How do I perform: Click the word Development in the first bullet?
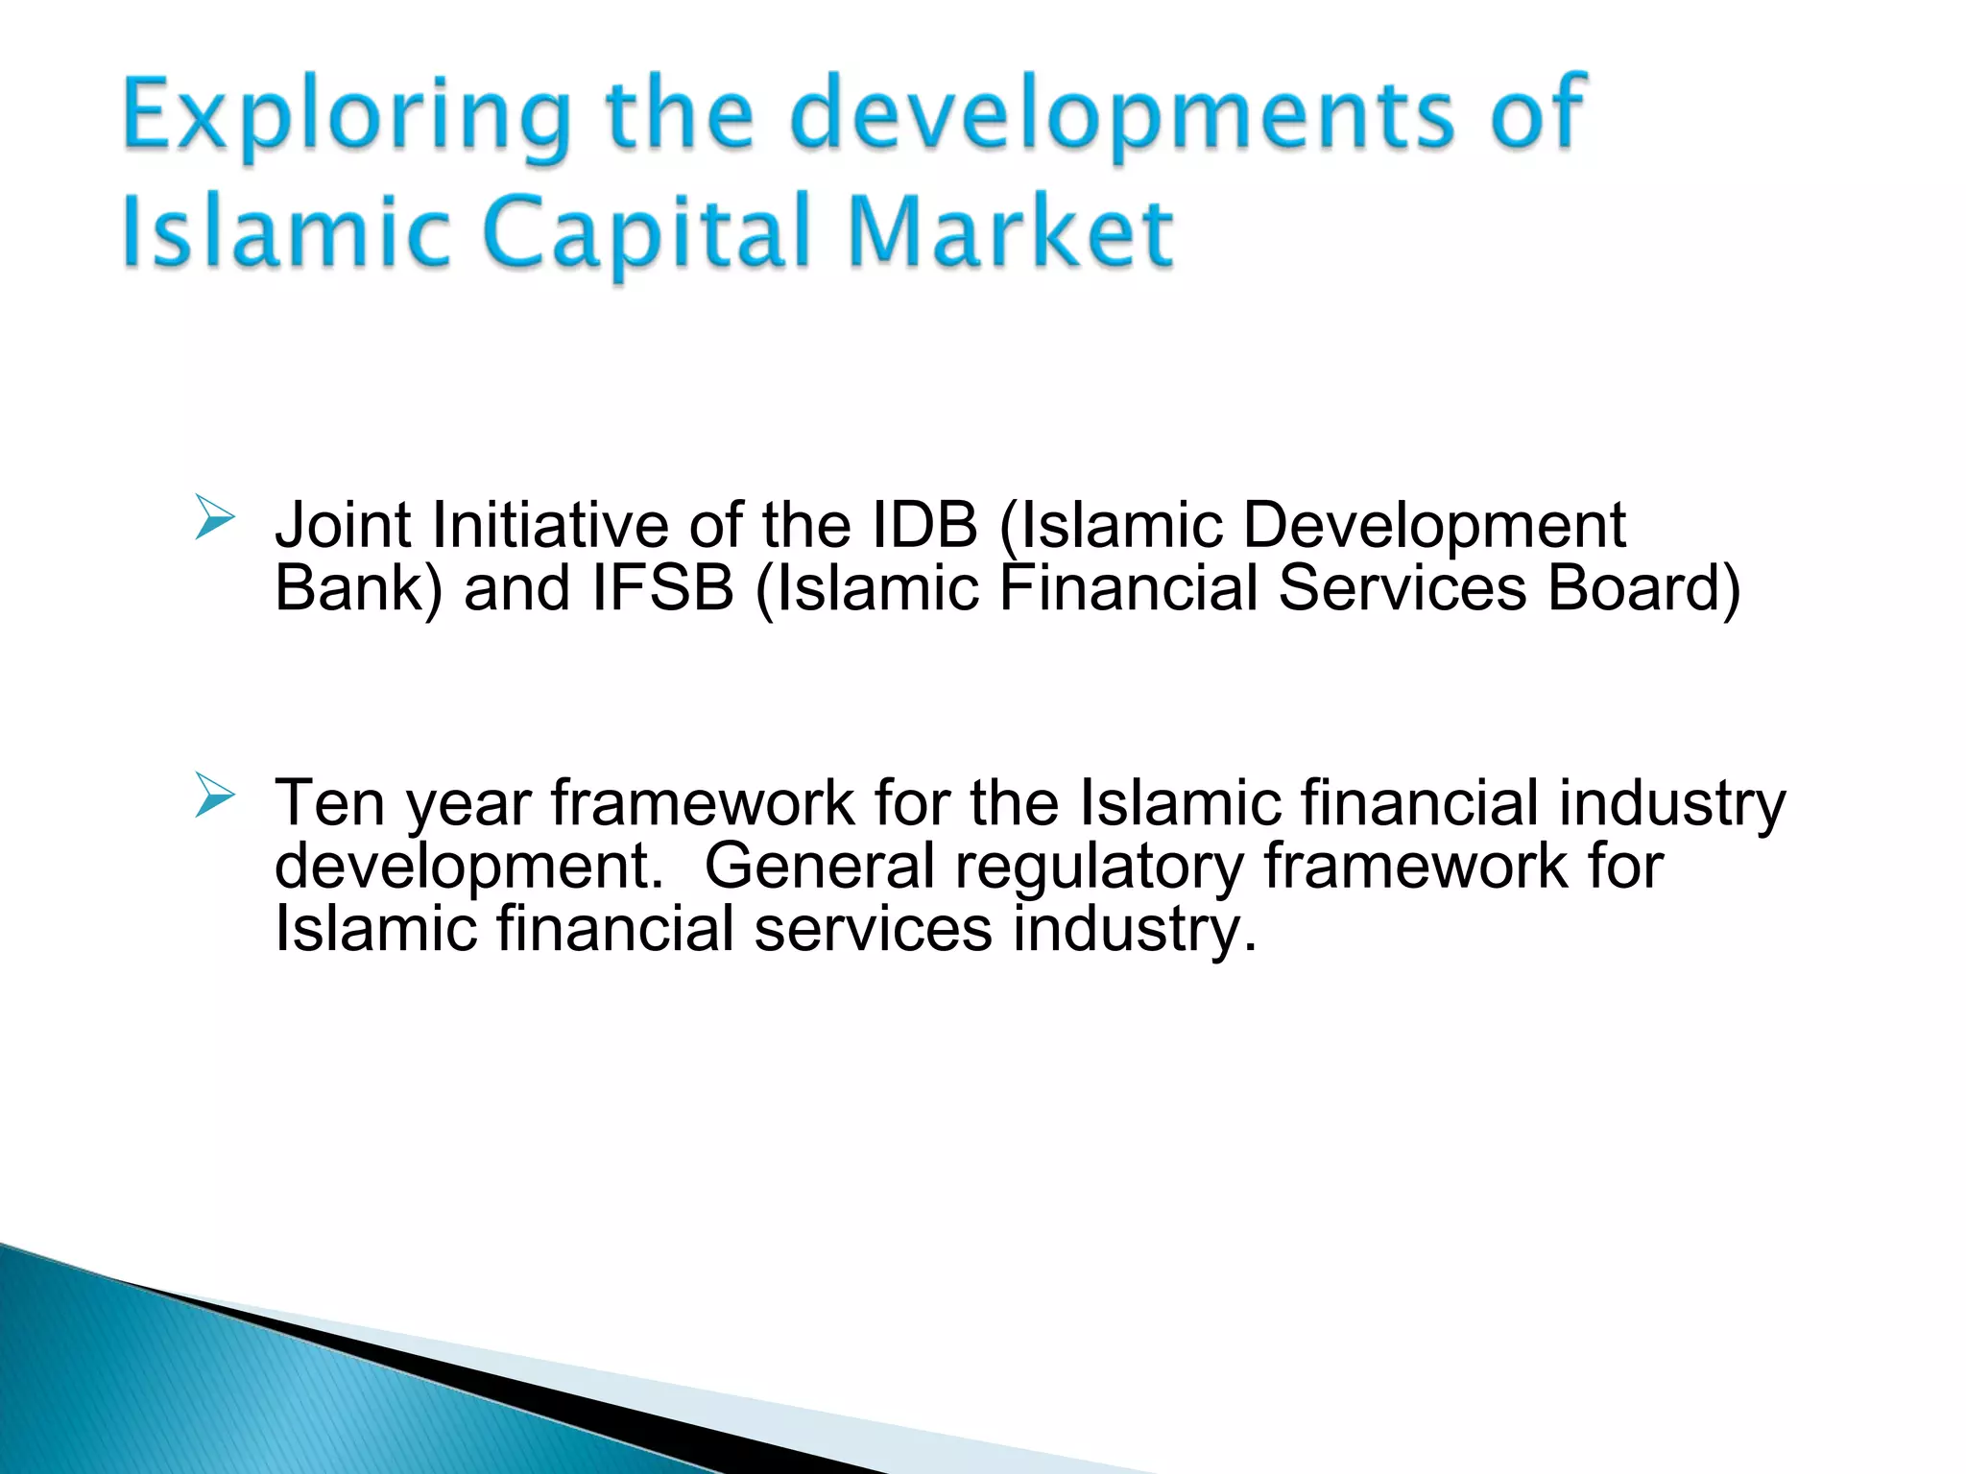1434,527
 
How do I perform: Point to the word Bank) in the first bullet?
358,588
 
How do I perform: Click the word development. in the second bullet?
468,868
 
